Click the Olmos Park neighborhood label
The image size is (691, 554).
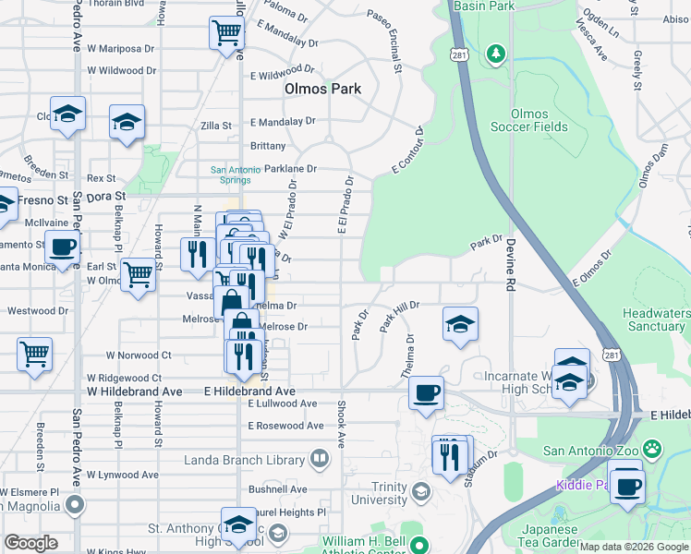coord(321,90)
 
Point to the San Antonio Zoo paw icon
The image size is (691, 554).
coord(652,450)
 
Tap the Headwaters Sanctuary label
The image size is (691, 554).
coord(655,319)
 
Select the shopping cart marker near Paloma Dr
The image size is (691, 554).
coord(226,34)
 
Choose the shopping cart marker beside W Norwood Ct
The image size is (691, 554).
coord(34,354)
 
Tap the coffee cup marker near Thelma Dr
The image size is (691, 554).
coord(426,392)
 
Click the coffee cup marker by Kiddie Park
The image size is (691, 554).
coord(627,484)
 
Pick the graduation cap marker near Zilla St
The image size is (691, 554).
coord(127,121)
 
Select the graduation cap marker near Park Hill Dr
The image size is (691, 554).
coord(459,324)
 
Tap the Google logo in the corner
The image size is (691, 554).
coord(31,543)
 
